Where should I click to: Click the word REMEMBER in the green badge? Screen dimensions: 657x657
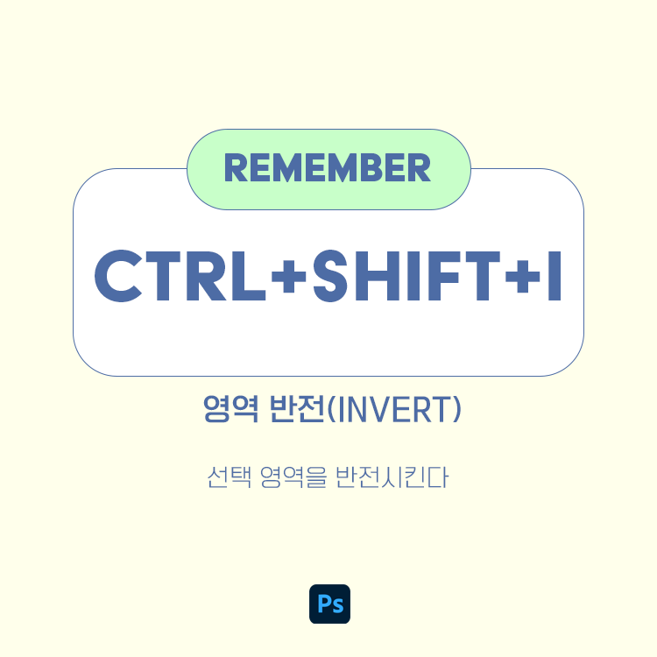click(328, 168)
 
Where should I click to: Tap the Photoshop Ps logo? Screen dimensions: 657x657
click(329, 604)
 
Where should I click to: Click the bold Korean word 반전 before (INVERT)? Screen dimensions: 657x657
click(293, 411)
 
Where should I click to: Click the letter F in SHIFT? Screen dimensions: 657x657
click(439, 273)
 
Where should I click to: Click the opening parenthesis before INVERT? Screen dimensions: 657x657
click(330, 411)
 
